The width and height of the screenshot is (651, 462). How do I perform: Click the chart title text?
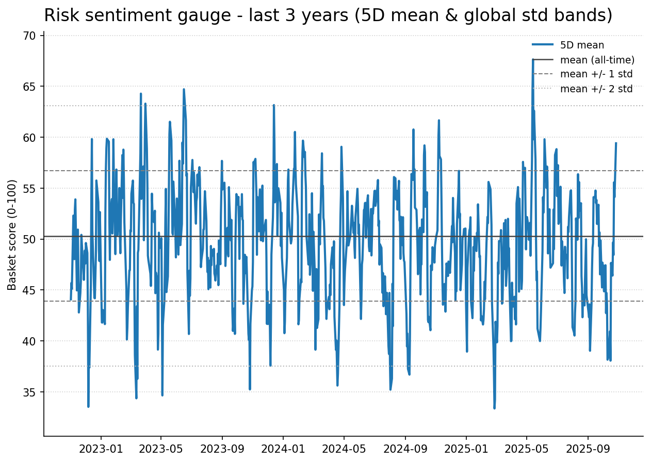pos(328,15)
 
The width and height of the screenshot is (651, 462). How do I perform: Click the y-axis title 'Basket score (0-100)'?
pos(12,235)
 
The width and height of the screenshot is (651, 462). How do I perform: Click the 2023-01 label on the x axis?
pos(101,449)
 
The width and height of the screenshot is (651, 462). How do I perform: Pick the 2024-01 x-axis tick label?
pos(283,449)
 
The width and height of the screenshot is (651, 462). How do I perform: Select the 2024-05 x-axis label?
pos(344,449)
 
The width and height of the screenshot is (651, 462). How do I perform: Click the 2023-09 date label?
pos(222,449)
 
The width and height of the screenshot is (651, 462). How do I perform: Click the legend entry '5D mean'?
pos(582,45)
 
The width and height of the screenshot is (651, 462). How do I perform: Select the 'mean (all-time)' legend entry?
pos(597,60)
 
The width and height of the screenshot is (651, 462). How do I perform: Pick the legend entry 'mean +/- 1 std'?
pos(596,74)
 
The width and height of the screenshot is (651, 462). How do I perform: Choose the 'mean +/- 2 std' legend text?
pos(596,89)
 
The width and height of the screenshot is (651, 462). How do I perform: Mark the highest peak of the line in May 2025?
pos(533,60)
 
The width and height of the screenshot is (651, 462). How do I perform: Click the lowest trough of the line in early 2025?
pos(494,408)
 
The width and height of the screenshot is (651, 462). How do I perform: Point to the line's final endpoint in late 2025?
pos(616,143)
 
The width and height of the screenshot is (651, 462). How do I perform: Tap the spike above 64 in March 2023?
pos(140,94)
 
